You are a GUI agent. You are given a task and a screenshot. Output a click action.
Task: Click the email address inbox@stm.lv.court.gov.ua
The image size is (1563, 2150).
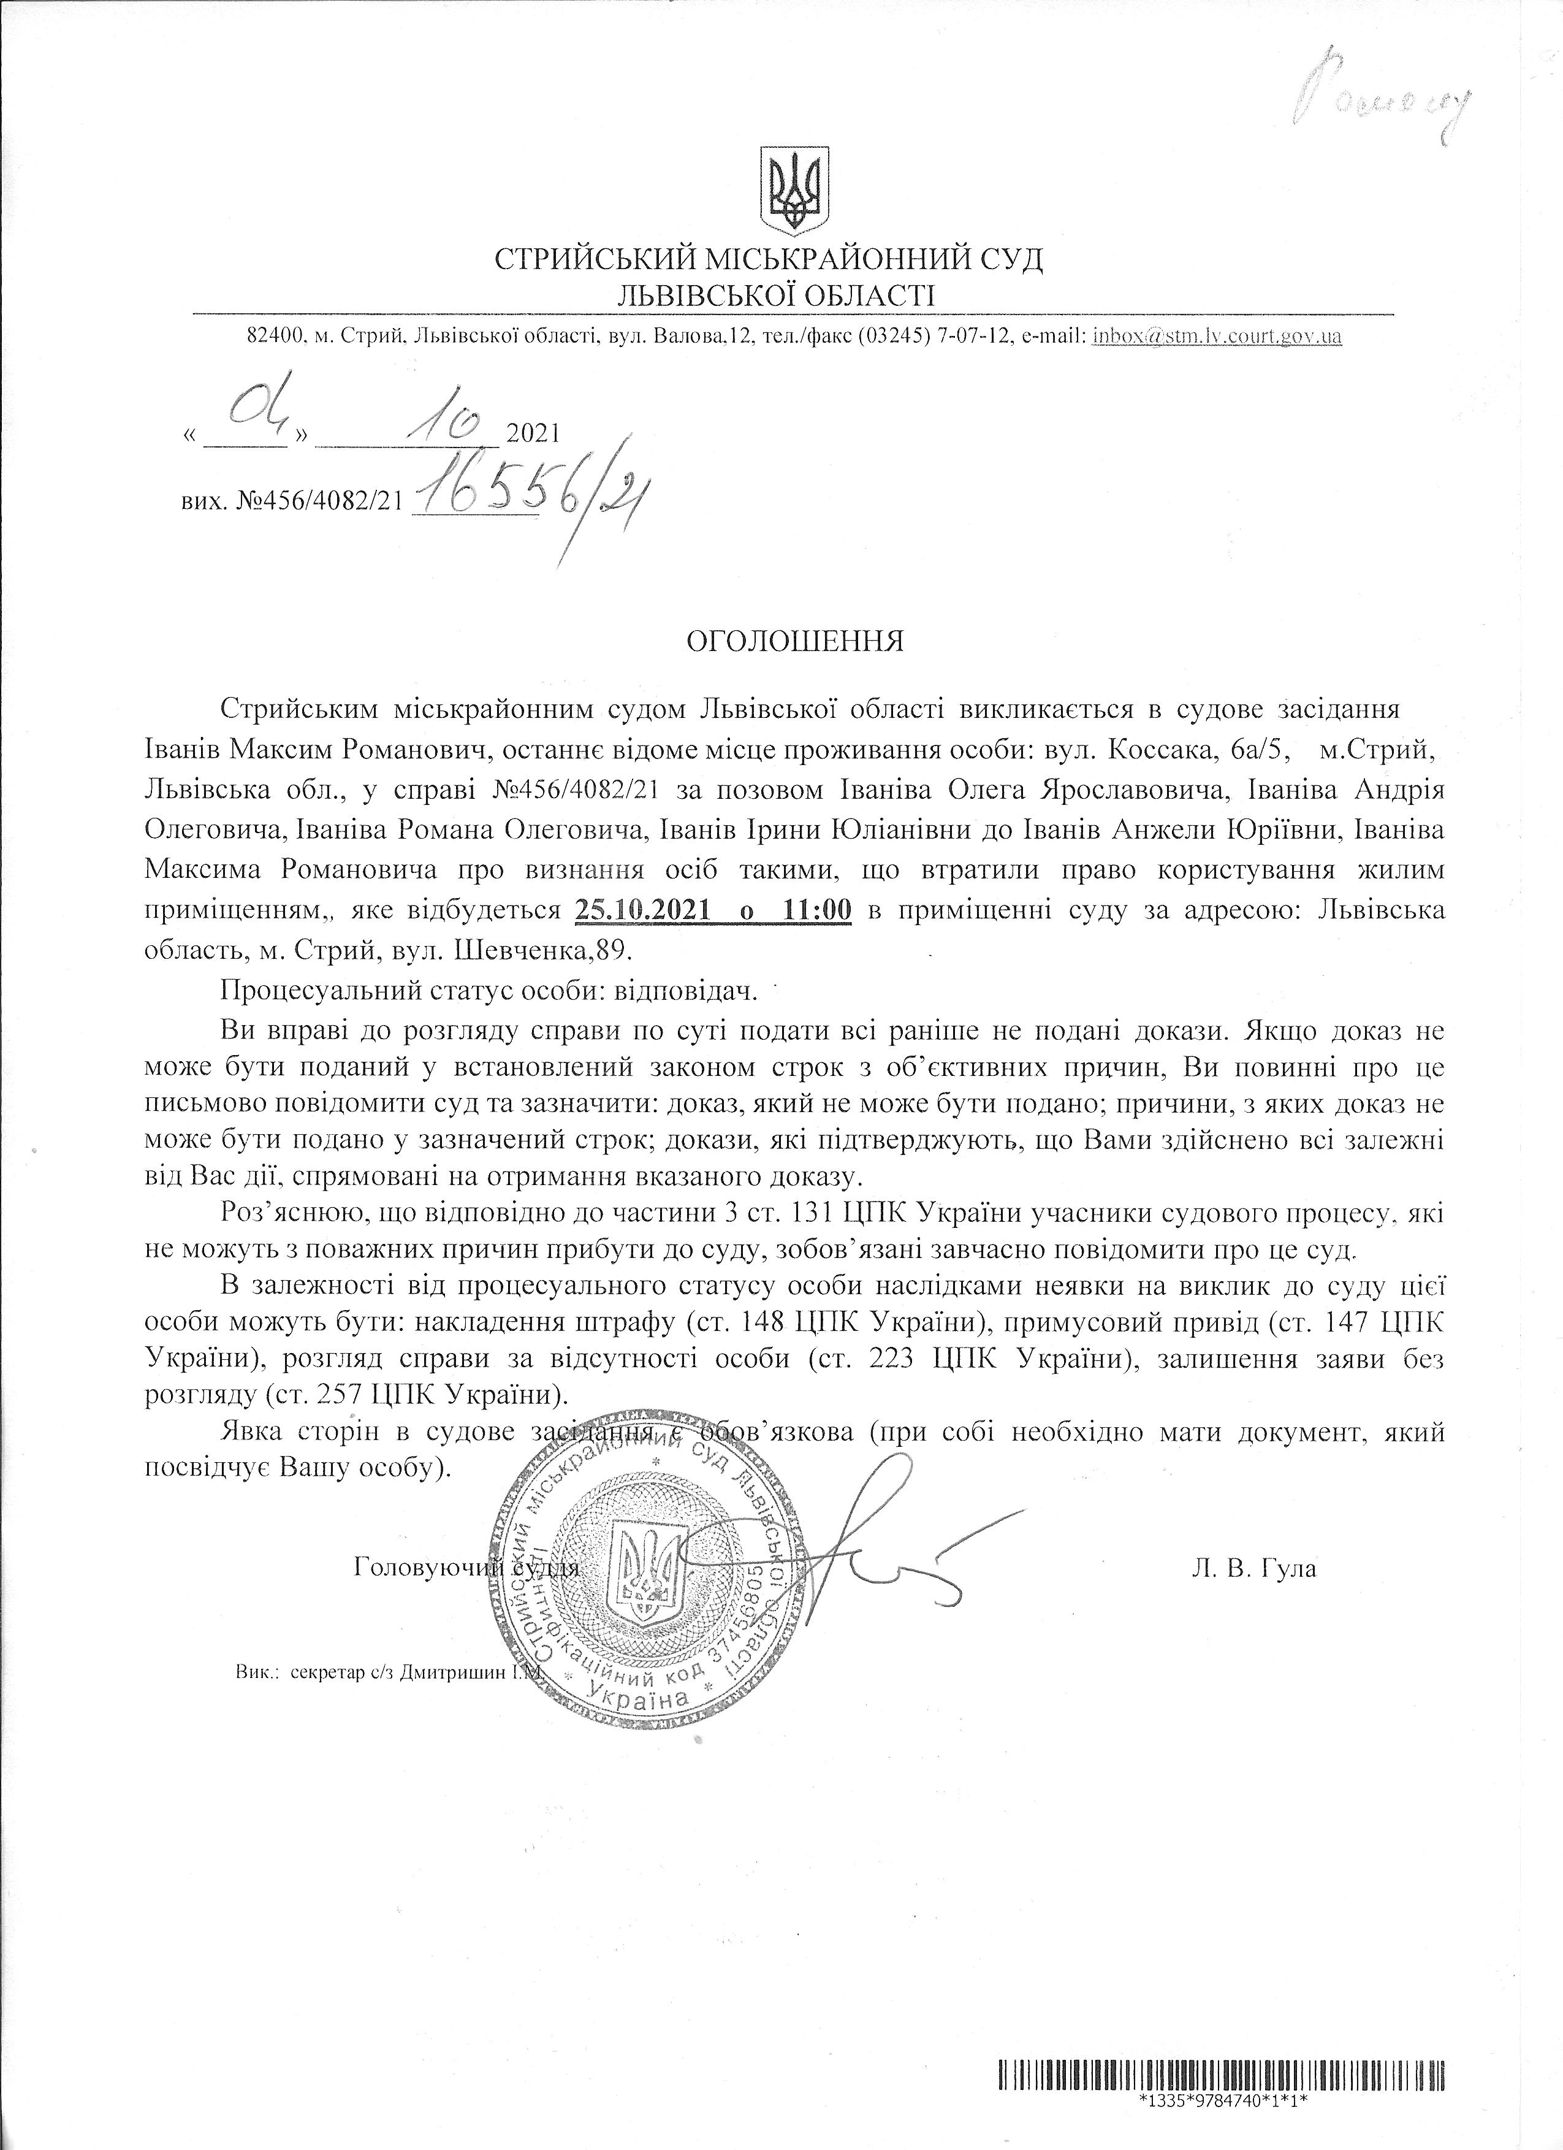coord(1217,335)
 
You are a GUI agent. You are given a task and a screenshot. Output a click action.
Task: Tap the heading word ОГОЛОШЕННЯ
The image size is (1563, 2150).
coord(795,642)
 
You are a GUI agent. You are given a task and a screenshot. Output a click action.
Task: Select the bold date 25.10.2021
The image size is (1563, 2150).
coord(642,910)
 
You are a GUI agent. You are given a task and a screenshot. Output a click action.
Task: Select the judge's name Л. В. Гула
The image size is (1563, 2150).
coord(1254,1568)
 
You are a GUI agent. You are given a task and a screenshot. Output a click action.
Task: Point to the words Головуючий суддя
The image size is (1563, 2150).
coord(465,1568)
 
